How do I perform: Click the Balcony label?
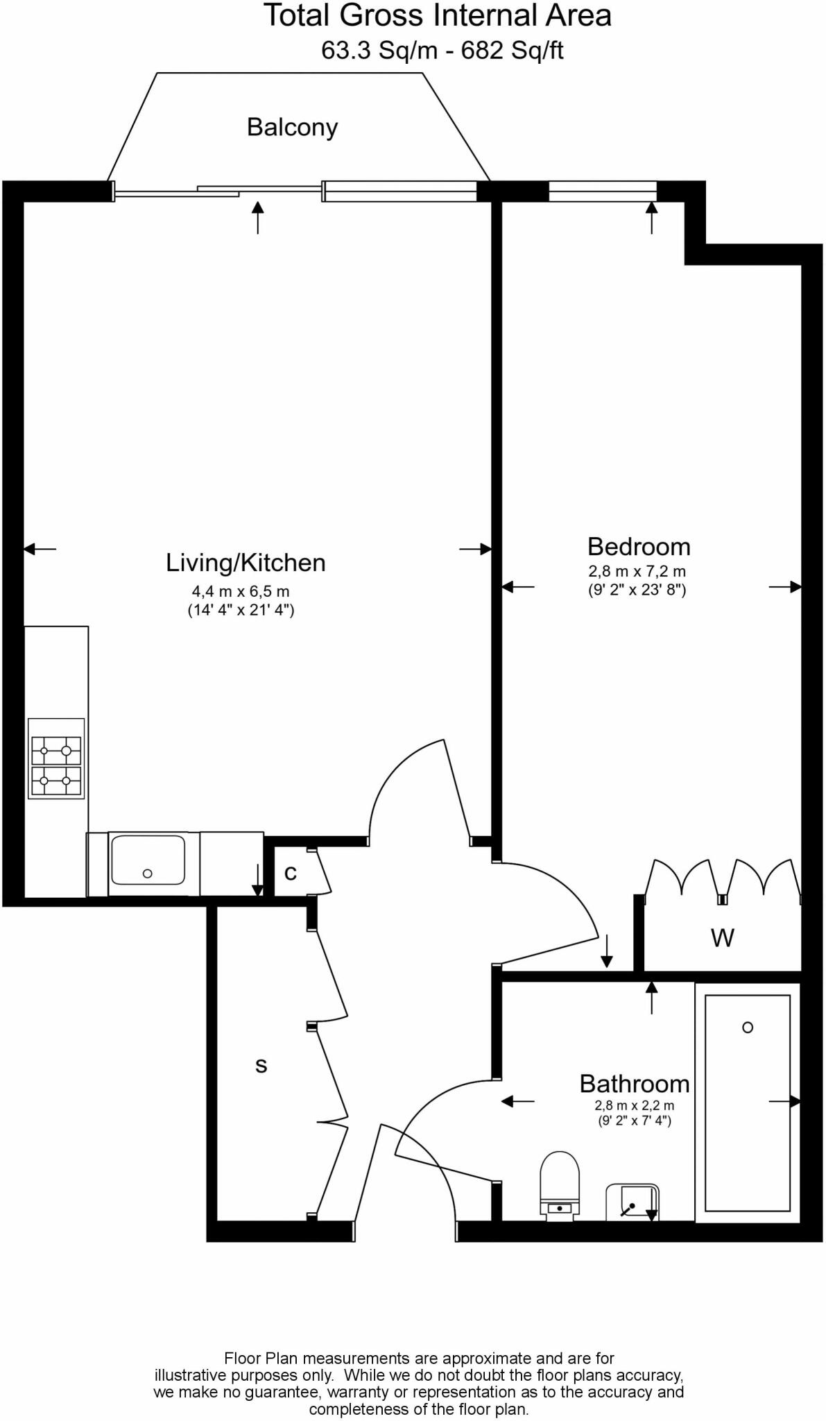pos(292,128)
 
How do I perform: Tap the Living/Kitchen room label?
pos(246,563)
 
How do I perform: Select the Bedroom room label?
pos(639,547)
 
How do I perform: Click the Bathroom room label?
pos(635,1084)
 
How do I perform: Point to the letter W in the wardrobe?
pos(722,939)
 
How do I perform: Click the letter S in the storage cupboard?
pos(261,1066)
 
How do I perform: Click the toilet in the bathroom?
pos(559,1182)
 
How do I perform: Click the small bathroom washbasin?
pos(632,1202)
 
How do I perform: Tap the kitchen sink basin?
pos(148,860)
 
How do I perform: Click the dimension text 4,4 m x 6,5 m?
pos(241,592)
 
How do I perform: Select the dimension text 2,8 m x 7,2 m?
pos(637,572)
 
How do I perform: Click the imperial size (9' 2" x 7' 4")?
pos(635,1121)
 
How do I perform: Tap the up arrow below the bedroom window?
pos(651,216)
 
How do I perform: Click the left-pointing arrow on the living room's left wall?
pos(40,549)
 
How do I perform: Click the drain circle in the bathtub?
pos(748,1028)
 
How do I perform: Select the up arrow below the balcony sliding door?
pos(258,216)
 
